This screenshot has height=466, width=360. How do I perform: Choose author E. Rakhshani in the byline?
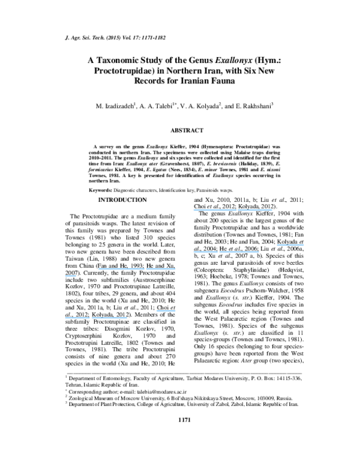(x=251, y=106)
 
